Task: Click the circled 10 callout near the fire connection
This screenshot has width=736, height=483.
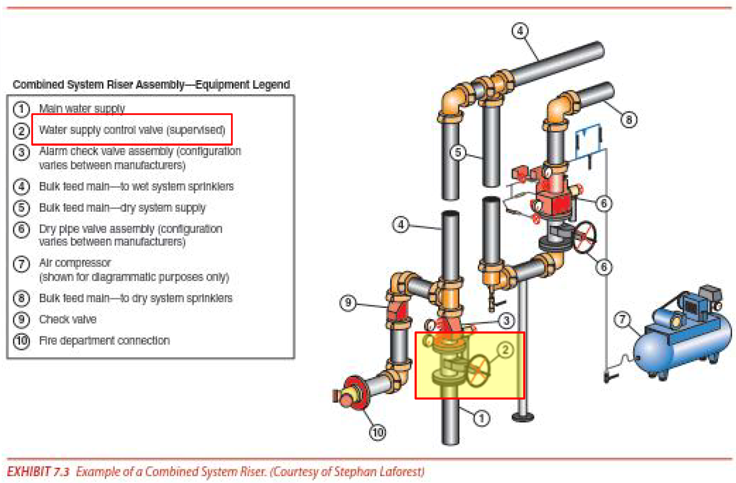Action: (x=378, y=432)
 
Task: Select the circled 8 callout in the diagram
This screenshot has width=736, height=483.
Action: (x=629, y=120)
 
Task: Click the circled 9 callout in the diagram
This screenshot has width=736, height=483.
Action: (x=348, y=303)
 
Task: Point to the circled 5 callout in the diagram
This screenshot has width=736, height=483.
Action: (x=458, y=152)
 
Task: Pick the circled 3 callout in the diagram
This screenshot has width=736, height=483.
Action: (x=506, y=321)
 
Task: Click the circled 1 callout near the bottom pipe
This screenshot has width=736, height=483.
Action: (x=481, y=418)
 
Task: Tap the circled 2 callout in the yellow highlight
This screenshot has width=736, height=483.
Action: (x=505, y=350)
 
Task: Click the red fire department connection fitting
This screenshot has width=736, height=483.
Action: (x=353, y=393)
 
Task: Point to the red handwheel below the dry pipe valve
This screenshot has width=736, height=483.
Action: (x=585, y=237)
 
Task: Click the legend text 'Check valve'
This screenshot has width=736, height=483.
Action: (x=68, y=320)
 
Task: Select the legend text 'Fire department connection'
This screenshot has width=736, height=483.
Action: (x=104, y=341)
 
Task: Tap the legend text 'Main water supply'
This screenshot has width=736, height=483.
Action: (x=82, y=109)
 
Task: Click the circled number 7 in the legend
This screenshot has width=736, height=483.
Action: (x=21, y=264)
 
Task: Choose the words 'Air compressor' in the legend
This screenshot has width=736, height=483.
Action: (x=75, y=263)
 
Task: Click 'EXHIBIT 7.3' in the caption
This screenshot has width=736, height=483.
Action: (x=38, y=472)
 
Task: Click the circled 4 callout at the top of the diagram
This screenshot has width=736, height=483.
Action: (x=520, y=31)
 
